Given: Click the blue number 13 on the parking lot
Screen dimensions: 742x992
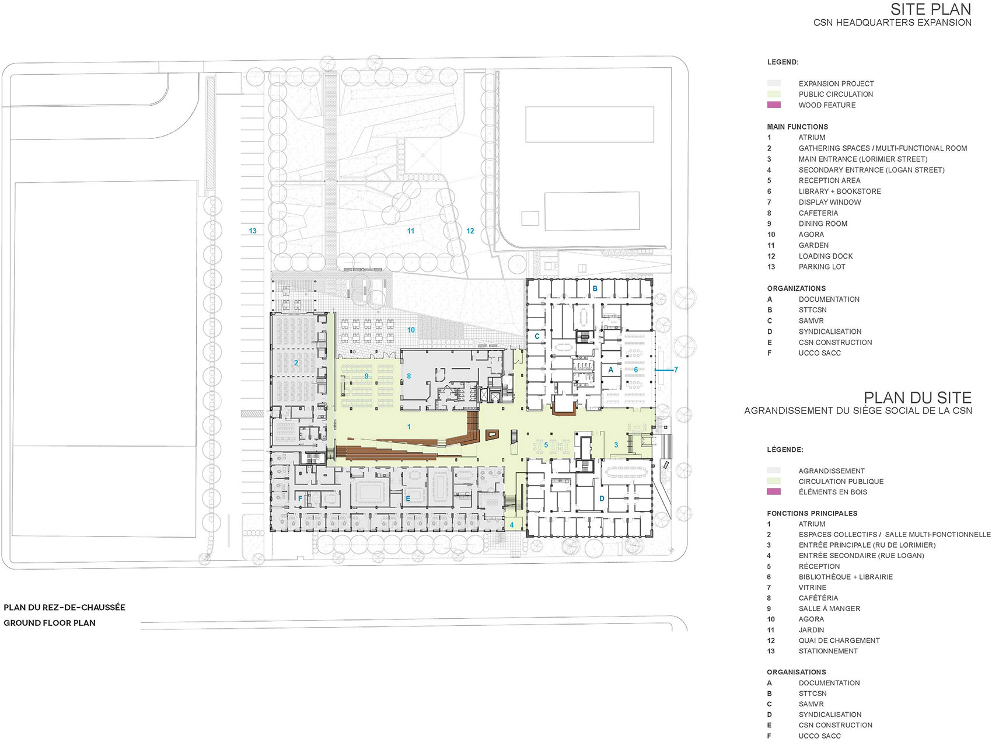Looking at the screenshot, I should [x=253, y=231].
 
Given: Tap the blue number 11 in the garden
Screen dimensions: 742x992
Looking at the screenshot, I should [x=411, y=231].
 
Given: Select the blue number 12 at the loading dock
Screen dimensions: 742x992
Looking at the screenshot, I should [x=470, y=231].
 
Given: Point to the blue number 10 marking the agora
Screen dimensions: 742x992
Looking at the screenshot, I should [x=411, y=330].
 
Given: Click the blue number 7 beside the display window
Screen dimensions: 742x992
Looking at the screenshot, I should [x=676, y=370].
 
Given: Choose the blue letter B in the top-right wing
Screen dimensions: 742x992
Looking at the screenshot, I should [x=595, y=288].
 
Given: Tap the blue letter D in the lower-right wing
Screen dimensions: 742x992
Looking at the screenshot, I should [x=602, y=499].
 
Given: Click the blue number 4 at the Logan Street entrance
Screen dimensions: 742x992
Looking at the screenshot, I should [x=512, y=525].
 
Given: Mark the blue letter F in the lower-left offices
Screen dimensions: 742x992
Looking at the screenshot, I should [x=300, y=499].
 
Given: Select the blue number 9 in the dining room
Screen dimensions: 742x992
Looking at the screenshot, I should [x=366, y=376].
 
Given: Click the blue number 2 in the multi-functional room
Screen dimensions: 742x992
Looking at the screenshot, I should [x=296, y=363].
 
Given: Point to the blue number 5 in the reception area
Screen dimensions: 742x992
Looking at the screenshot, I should [x=546, y=445].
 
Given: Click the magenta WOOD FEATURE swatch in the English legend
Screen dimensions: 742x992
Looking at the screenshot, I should [x=774, y=105].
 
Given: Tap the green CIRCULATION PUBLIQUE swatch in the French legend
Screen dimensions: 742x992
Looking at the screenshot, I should [x=774, y=481].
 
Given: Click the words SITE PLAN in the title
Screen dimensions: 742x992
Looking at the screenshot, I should [x=930, y=9].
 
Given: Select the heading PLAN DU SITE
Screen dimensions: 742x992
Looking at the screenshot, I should [x=917, y=398].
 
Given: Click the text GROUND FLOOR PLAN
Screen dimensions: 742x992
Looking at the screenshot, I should [x=50, y=623].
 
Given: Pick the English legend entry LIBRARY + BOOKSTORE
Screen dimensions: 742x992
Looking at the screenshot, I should [x=840, y=191].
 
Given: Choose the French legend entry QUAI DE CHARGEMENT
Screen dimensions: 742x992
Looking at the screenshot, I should [x=839, y=640].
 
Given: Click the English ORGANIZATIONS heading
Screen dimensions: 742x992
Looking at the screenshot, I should [x=796, y=288].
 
